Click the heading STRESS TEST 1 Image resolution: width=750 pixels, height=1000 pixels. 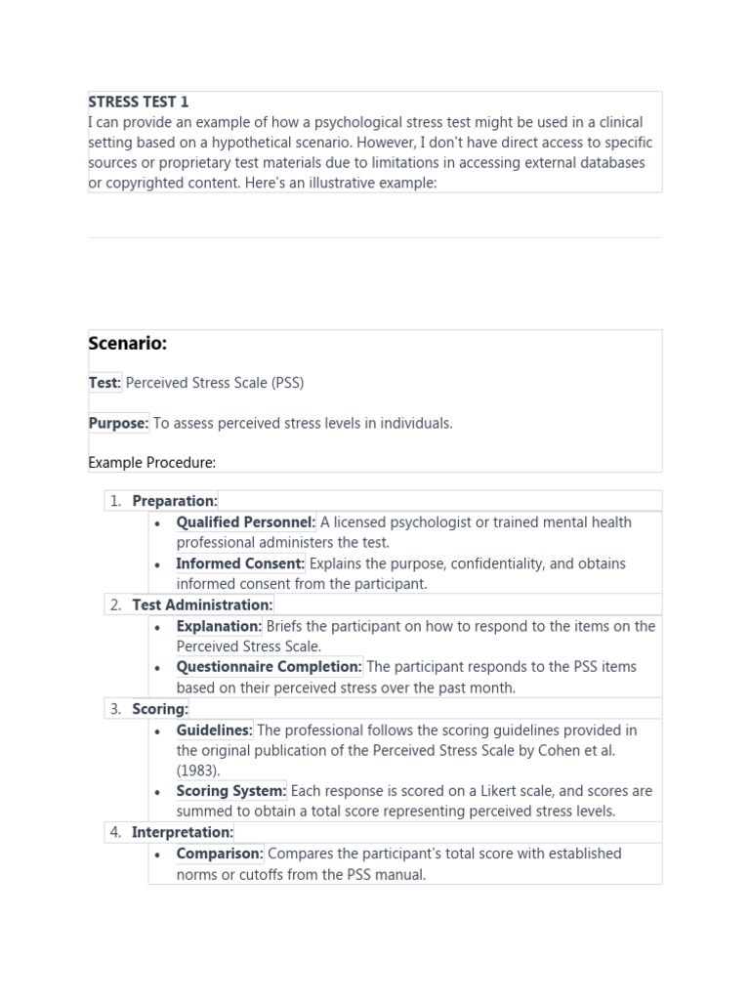[x=138, y=102]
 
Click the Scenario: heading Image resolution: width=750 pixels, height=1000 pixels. [x=128, y=344]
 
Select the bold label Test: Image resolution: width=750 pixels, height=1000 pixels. [x=104, y=383]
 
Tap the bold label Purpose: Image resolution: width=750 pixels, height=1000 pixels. [x=118, y=423]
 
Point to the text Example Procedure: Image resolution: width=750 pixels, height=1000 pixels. [x=151, y=463]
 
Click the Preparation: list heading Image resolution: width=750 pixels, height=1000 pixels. [x=175, y=501]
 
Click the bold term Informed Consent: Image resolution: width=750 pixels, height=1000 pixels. [x=240, y=563]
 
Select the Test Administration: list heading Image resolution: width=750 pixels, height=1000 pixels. [x=202, y=604]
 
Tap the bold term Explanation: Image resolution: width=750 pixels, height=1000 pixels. [x=219, y=626]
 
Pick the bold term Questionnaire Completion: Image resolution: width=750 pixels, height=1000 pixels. [x=269, y=667]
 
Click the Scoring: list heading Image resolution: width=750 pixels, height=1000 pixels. [x=160, y=709]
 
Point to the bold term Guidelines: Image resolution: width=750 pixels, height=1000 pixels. [x=214, y=730]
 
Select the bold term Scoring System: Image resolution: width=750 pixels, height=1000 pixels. [x=231, y=791]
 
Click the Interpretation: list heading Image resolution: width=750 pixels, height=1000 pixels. [x=183, y=832]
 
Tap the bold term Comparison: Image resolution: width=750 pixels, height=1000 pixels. [x=220, y=854]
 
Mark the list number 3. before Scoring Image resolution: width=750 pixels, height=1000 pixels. [x=116, y=709]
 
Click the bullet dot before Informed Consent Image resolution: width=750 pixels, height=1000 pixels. [x=159, y=564]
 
